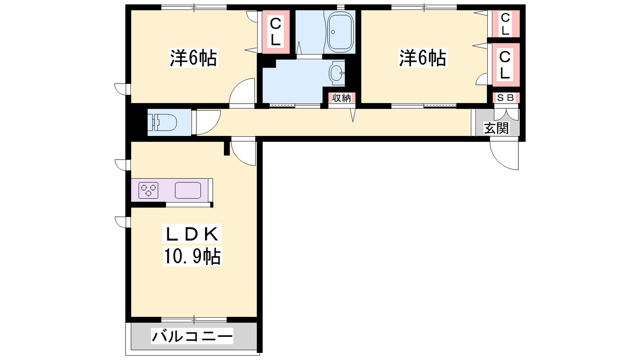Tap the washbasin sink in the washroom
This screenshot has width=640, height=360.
tap(337, 73)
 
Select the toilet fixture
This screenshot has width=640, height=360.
tap(162, 122)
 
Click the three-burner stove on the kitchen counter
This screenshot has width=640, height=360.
tap(148, 190)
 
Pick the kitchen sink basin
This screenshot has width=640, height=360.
tap(188, 190)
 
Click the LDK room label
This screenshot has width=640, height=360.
tap(192, 234)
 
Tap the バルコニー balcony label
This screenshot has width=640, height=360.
tap(192, 336)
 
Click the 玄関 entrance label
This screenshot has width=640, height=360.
tap(496, 128)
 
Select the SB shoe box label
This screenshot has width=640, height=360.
tap(506, 98)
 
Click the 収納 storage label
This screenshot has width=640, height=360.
tap(342, 98)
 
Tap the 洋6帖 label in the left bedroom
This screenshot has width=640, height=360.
tap(194, 58)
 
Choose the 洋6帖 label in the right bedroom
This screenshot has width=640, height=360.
tap(422, 58)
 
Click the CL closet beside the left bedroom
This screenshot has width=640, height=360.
tap(276, 32)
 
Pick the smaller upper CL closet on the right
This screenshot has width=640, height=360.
tap(506, 24)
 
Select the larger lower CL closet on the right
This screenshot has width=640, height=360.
tap(506, 64)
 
